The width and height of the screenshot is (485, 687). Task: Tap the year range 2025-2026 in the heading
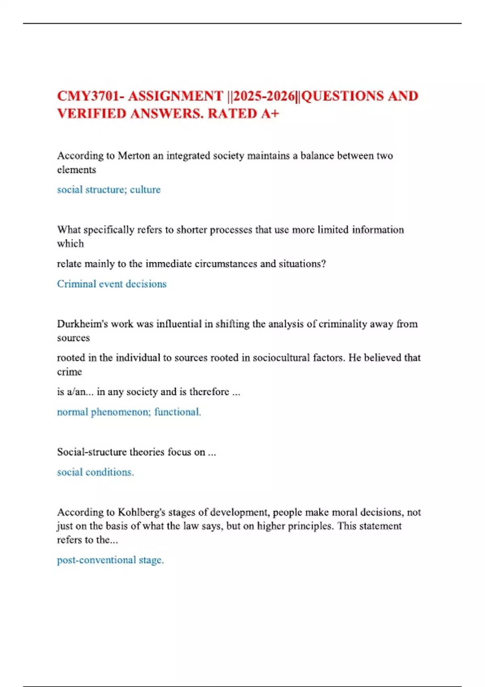click(264, 96)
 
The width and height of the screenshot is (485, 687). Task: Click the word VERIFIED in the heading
click(91, 114)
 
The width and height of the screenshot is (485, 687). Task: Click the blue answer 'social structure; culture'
click(109, 190)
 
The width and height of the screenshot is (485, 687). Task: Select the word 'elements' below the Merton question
click(76, 170)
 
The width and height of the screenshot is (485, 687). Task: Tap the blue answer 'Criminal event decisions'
click(112, 284)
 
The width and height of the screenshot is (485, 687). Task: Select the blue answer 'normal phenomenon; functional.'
click(129, 412)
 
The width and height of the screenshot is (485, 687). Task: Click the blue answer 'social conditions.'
click(95, 472)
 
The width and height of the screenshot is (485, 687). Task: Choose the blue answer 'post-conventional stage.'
click(110, 560)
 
